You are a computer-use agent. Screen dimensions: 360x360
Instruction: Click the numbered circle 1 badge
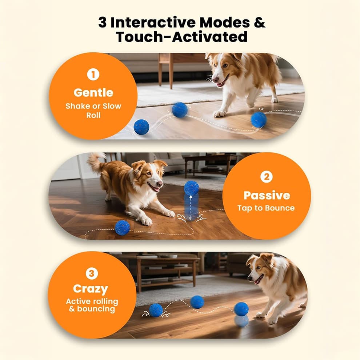tap(93, 75)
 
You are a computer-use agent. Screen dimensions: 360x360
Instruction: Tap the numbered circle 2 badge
tap(267, 177)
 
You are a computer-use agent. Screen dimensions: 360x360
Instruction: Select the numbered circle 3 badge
tap(92, 273)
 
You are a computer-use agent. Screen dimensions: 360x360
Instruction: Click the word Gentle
tap(93, 92)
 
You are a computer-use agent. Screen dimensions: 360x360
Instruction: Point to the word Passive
tap(267, 195)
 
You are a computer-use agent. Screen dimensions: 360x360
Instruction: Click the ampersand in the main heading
tap(259, 23)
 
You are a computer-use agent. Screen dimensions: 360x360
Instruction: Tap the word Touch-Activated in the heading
tap(181, 37)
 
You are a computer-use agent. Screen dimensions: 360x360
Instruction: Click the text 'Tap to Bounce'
tap(266, 208)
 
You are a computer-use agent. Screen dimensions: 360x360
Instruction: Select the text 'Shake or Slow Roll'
tap(93, 111)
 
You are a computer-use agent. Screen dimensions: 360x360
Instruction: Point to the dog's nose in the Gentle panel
tap(215, 80)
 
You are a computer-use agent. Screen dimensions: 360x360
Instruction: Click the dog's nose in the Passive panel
tap(159, 184)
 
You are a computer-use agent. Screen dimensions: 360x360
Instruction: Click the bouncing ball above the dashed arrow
tap(192, 188)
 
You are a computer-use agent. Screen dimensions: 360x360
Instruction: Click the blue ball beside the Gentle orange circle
tap(141, 127)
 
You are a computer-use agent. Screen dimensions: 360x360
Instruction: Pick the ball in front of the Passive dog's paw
tap(123, 228)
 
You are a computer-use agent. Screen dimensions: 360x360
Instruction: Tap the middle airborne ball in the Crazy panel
tap(197, 302)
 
